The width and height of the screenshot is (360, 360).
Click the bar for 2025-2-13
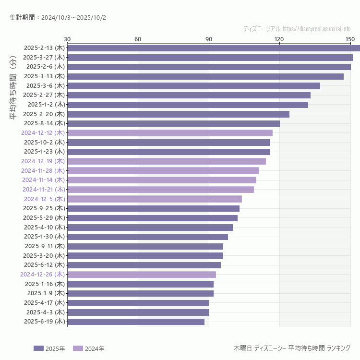214,48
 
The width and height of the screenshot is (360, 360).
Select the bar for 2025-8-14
173,123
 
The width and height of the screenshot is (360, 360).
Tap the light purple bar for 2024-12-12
170,133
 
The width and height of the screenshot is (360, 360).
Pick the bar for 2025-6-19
136,322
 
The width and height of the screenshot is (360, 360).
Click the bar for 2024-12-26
142,275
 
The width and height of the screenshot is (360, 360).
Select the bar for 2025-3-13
205,76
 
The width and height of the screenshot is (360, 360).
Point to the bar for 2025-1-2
188,105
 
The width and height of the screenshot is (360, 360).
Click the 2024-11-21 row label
43,190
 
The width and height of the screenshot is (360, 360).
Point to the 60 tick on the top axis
138,39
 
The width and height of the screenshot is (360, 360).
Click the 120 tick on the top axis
279,39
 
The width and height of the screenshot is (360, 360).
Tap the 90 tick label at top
208,39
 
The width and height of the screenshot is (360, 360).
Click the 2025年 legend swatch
38,348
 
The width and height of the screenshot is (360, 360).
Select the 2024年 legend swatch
78,348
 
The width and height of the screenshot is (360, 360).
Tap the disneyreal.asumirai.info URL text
317,29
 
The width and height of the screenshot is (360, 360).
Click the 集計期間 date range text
58,18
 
